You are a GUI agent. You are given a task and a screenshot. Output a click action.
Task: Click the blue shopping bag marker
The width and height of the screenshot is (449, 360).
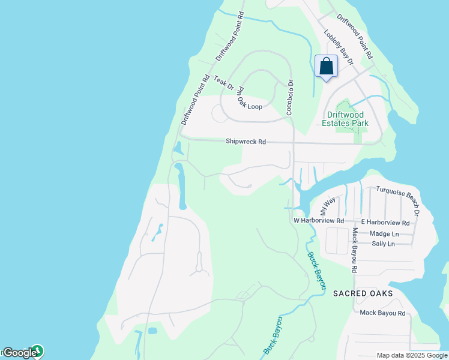[326, 66]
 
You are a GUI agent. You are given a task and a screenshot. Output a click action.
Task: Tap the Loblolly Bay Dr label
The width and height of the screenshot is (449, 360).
[339, 48]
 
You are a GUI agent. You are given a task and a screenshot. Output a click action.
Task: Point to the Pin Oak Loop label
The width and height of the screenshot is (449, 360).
[250, 98]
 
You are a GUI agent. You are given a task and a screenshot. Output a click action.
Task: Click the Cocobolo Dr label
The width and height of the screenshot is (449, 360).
[289, 98]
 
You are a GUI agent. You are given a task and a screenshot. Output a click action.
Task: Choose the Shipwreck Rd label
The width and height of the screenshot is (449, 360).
[246, 142]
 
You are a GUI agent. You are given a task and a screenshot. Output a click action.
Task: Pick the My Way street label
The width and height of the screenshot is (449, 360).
[327, 207]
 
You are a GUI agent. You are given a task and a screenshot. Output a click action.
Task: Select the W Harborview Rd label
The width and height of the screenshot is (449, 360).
[319, 221]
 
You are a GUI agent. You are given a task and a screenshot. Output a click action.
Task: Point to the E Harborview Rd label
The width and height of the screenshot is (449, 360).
[385, 223]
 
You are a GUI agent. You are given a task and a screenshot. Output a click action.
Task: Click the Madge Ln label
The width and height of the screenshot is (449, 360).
[384, 233]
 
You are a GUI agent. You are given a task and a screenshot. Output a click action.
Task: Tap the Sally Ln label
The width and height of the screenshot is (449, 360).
[383, 244]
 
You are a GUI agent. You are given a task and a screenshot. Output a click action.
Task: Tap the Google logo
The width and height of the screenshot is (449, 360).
[20, 353]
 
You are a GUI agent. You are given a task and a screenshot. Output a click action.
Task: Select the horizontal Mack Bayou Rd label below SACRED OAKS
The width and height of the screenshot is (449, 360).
[382, 313]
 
